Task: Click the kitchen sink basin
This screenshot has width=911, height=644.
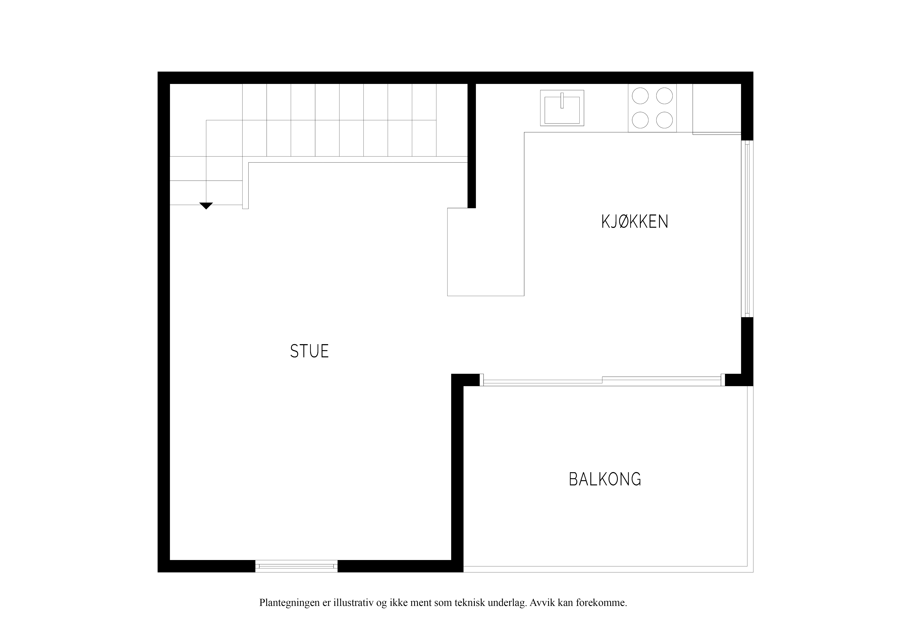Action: click(562, 110)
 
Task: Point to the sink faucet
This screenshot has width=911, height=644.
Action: click(562, 100)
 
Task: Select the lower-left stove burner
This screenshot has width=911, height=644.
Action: click(640, 120)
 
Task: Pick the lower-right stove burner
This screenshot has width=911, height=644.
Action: click(664, 120)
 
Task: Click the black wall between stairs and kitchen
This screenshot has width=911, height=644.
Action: click(471, 146)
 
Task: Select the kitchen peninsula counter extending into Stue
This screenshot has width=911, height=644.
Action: click(486, 252)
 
